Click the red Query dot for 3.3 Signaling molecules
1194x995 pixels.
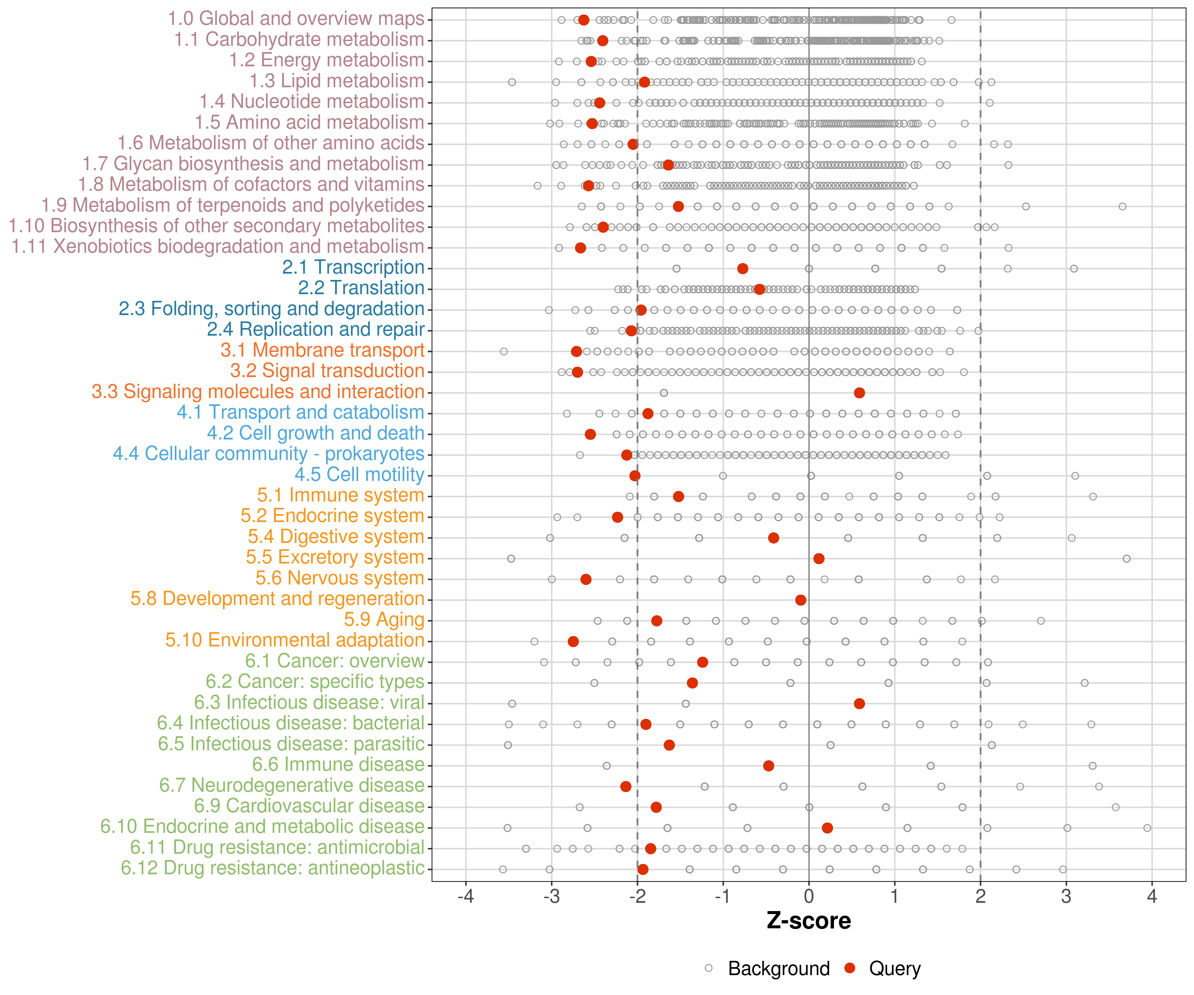click(x=859, y=393)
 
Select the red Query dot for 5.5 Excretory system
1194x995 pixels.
click(x=819, y=559)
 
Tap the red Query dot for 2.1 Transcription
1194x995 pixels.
click(x=743, y=268)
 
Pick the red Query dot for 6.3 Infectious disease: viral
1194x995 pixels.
click(x=859, y=704)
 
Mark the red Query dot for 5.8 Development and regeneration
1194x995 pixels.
click(x=801, y=600)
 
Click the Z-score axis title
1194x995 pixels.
click(x=809, y=921)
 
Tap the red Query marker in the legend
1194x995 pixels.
click(x=850, y=968)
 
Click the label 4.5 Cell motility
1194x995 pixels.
click(x=359, y=474)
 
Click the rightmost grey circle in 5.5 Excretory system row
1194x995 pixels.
click(x=1126, y=559)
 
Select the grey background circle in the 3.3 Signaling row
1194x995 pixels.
click(x=664, y=393)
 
